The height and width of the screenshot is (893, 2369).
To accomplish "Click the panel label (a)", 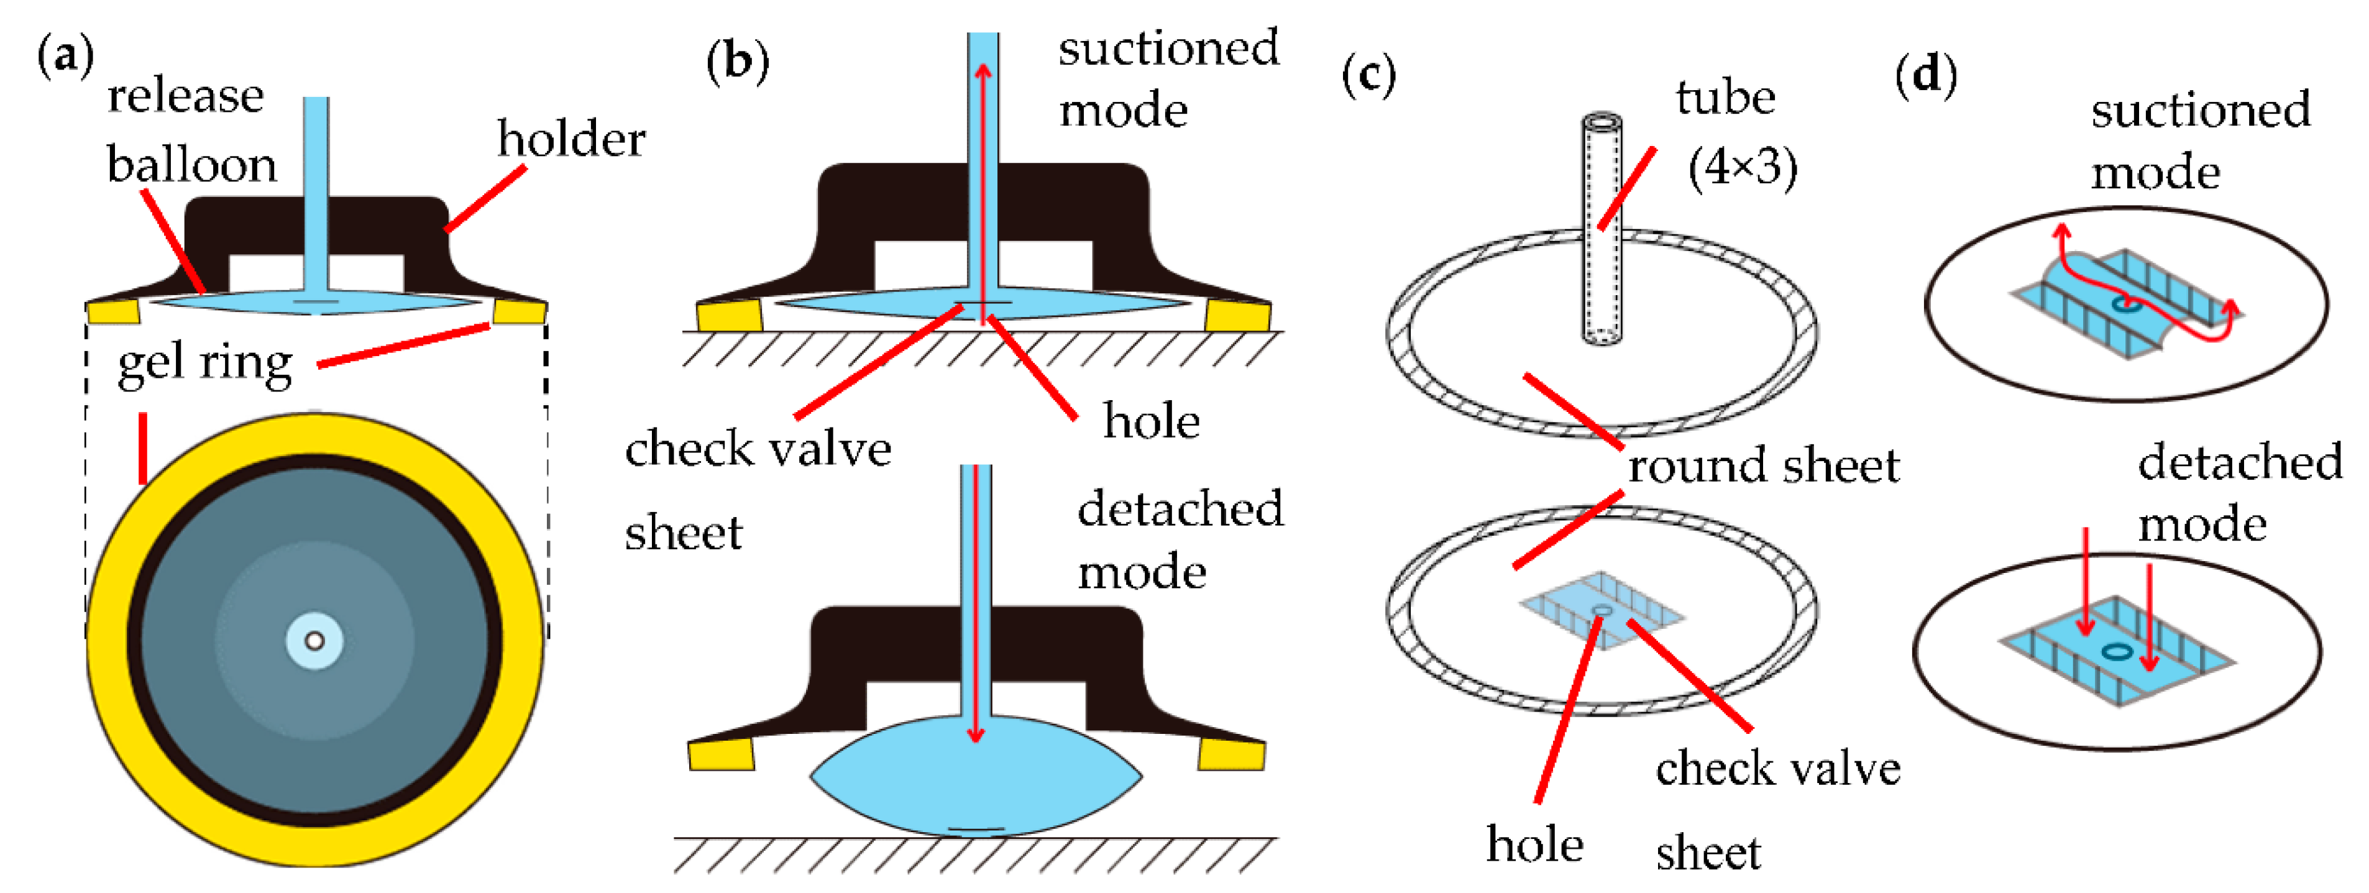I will point(65,57).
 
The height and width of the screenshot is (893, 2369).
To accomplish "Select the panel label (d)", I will point(1926,73).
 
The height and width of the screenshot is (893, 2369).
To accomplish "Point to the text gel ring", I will point(204,364).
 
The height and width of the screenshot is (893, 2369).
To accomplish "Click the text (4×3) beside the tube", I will point(1742,168).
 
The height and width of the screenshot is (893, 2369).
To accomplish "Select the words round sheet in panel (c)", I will point(1763,466).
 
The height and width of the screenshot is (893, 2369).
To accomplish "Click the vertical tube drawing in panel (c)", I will point(1601,230).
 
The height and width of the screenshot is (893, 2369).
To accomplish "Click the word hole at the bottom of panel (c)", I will point(1534,845).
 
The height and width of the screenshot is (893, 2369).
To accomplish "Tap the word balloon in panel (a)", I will point(191,165).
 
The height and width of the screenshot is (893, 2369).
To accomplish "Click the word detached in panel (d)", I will point(2239,462).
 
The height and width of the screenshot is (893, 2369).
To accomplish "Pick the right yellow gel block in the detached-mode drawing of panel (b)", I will point(1230,755).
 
